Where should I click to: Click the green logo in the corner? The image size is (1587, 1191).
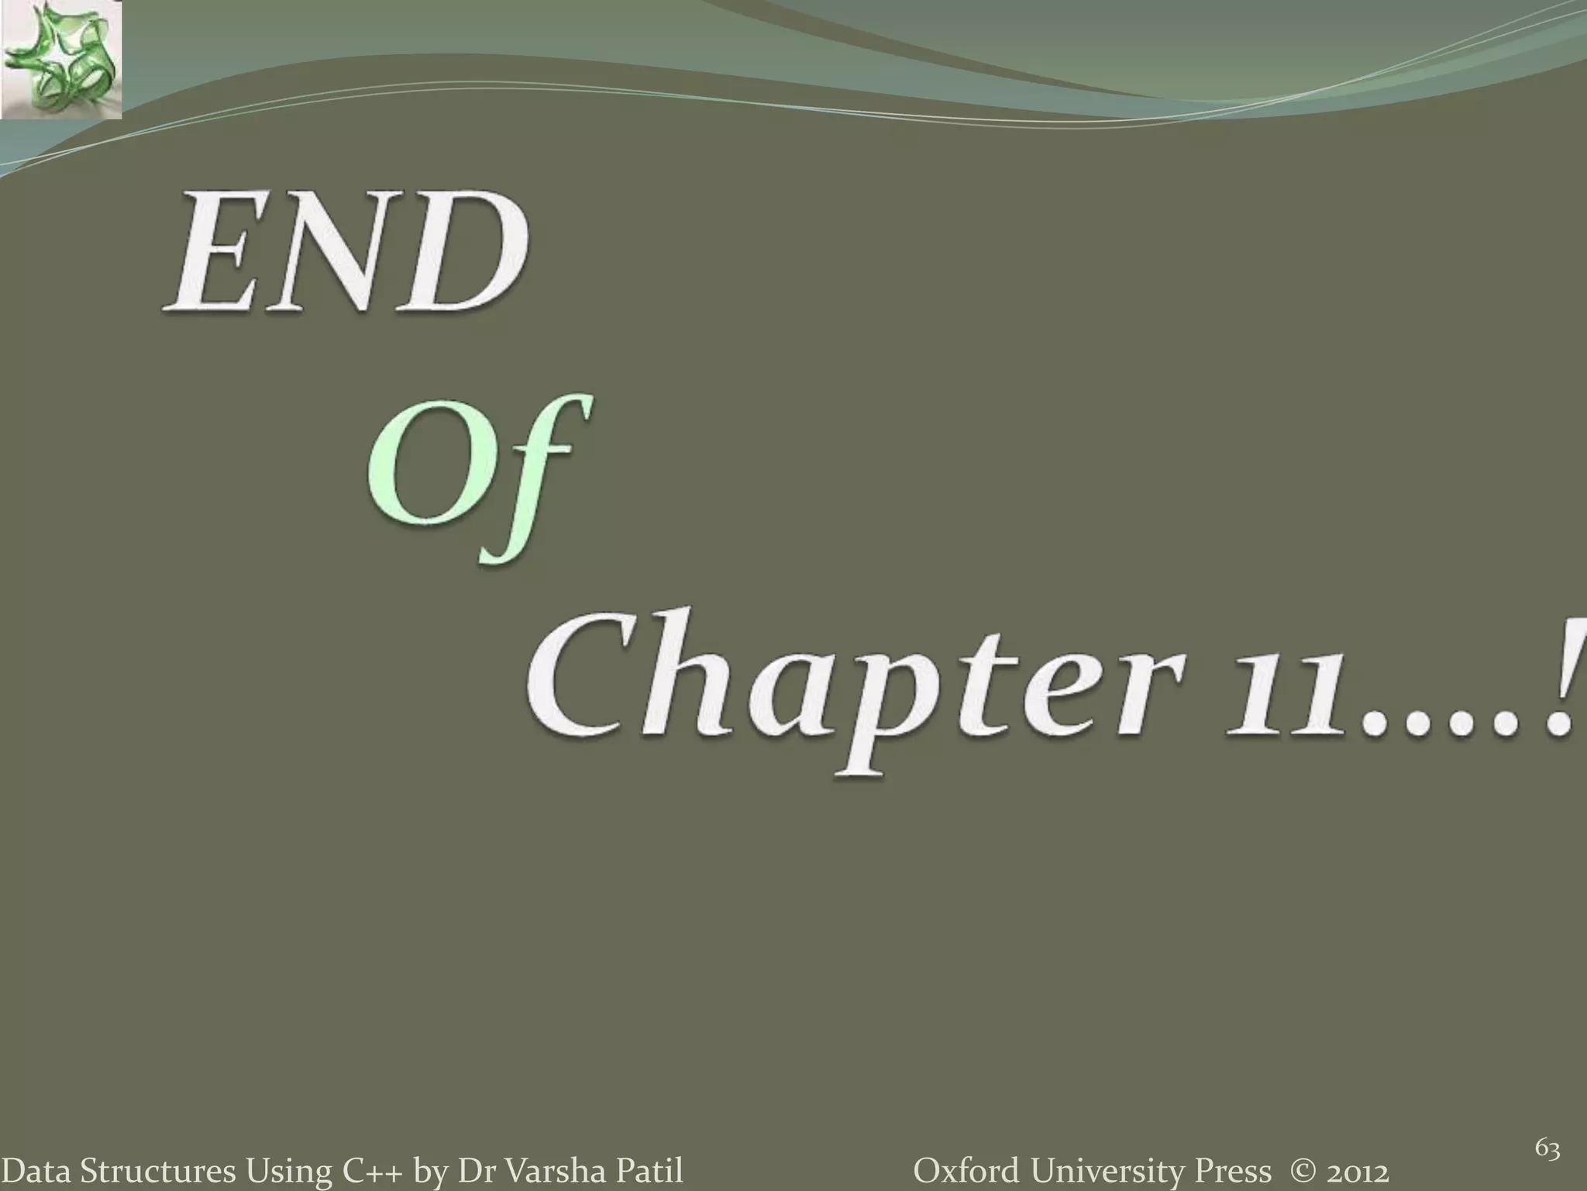[x=60, y=59]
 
